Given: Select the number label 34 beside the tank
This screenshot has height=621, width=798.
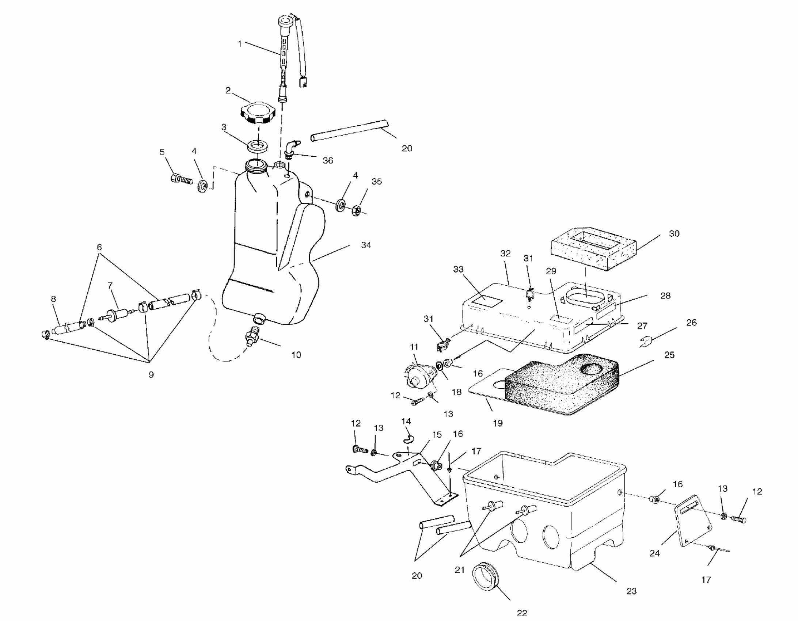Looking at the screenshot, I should click(366, 245).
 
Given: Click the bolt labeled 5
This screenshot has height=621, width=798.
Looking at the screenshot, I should click(181, 179).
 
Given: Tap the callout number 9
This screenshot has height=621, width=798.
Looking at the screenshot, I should click(151, 374).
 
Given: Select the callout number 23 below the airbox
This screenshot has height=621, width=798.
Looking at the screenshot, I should click(631, 591).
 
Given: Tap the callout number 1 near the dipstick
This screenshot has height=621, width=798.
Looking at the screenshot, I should click(240, 44).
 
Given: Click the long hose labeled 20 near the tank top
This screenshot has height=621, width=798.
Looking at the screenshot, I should click(349, 130).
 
